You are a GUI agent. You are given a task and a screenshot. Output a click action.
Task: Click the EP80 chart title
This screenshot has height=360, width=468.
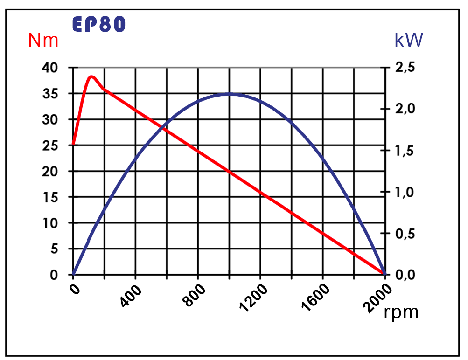click(99, 25)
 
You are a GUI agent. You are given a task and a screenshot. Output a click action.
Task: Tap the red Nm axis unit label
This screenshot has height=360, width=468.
click(43, 41)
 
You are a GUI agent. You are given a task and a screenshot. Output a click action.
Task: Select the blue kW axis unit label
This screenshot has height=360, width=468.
click(409, 41)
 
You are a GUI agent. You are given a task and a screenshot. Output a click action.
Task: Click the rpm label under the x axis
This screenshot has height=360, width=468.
click(401, 312)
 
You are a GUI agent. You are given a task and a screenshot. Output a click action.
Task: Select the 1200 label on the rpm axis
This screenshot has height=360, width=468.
click(253, 298)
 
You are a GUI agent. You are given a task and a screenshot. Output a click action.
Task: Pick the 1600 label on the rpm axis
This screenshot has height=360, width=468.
click(315, 298)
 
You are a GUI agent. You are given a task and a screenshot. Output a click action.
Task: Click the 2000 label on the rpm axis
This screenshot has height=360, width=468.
click(378, 298)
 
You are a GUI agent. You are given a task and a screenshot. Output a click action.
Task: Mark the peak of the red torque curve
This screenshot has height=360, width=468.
click(91, 77)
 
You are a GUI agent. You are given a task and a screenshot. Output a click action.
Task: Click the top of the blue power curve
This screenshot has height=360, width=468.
click(229, 94)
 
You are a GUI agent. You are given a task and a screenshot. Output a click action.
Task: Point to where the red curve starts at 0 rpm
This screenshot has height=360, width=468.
click(73, 145)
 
